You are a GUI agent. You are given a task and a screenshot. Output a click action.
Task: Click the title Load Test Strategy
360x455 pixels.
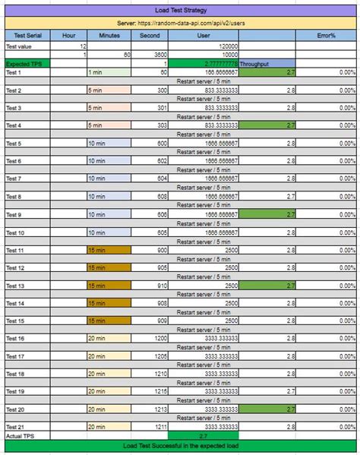pyautogui.click(x=180, y=11)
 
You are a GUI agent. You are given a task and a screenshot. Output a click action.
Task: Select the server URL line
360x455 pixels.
pyautogui.click(x=180, y=24)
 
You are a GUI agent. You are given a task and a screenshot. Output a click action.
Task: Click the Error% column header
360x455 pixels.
pyautogui.click(x=327, y=35)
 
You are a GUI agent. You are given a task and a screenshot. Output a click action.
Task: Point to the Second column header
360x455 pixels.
pyautogui.click(x=150, y=35)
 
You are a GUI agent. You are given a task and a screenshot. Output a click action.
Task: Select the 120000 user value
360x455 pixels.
pyautogui.click(x=228, y=46)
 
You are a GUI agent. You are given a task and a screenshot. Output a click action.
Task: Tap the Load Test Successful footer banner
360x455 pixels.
pyautogui.click(x=180, y=446)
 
